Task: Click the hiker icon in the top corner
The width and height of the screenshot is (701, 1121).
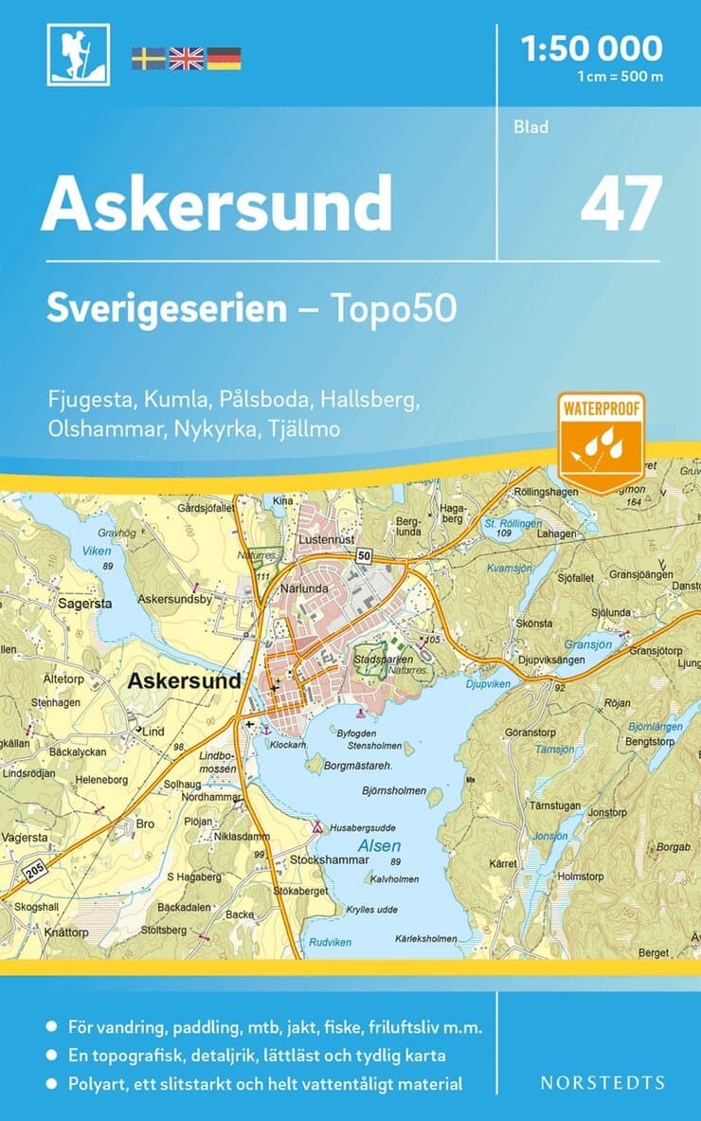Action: point(79,54)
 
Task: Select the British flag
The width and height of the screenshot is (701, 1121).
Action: point(186,58)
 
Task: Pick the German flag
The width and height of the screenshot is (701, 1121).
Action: point(224,58)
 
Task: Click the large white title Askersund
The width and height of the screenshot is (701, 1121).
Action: point(216,202)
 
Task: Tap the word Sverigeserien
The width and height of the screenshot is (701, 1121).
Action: point(167,309)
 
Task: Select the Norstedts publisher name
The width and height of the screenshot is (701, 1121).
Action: point(602,1082)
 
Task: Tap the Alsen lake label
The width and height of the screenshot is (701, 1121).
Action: point(379,845)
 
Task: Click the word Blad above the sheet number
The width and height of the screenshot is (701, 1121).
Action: point(531,126)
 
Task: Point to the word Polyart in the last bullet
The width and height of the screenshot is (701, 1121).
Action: point(99,1084)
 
